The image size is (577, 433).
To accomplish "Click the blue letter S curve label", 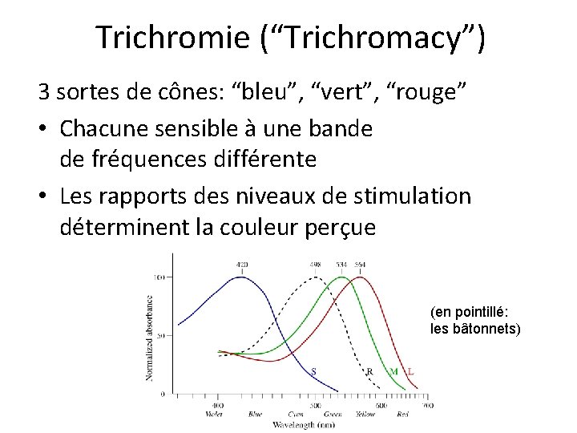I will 313,371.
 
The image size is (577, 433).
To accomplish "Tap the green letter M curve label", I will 393,371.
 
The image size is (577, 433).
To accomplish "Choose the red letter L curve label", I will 411,371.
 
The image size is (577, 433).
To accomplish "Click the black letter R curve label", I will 369,371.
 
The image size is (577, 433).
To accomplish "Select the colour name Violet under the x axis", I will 215,415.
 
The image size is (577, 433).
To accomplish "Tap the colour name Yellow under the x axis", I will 365,415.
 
